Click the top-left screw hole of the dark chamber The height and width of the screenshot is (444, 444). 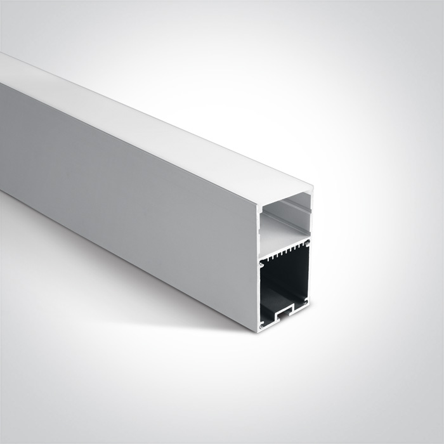(x=262, y=262)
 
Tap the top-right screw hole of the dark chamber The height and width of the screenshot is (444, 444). (x=307, y=244)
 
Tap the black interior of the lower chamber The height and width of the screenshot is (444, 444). (x=284, y=279)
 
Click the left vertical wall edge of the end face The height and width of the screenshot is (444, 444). (x=258, y=266)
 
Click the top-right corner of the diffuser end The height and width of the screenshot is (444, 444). (x=313, y=186)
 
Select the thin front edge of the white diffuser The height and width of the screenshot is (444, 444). (x=285, y=199)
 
